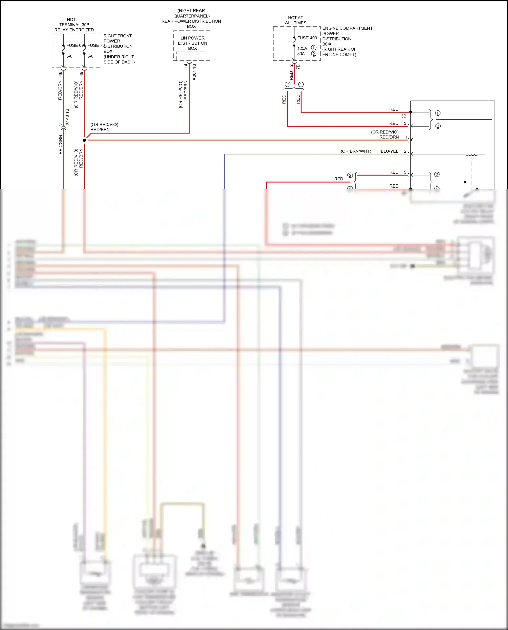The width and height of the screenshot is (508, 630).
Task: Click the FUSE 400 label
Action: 307,38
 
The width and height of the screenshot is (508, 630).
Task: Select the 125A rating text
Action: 302,48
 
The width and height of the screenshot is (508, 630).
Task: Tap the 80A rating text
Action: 301,54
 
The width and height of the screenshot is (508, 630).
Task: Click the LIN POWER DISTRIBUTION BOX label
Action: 192,43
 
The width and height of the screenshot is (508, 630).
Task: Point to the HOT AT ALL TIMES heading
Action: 296,20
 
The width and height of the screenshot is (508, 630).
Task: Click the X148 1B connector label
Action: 67,117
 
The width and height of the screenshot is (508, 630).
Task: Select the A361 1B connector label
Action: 194,72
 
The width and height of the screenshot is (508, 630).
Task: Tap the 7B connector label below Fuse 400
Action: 298,67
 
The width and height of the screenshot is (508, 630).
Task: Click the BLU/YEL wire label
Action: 389,151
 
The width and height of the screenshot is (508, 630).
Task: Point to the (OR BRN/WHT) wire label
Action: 356,151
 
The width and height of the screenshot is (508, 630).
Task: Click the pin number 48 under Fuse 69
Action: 60,73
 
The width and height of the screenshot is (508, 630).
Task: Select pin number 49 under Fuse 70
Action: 81,73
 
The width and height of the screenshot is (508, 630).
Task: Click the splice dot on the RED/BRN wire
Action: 84,140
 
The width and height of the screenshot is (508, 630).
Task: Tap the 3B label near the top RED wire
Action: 403,116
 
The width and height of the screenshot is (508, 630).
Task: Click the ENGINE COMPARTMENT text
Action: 347,28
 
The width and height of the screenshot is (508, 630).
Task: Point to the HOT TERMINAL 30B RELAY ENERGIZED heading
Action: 74,25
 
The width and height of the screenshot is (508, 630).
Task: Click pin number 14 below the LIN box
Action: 186,66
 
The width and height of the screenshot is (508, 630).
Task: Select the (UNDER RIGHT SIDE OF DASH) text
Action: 119,59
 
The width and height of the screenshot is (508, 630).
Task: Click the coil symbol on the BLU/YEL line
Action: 472,155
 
